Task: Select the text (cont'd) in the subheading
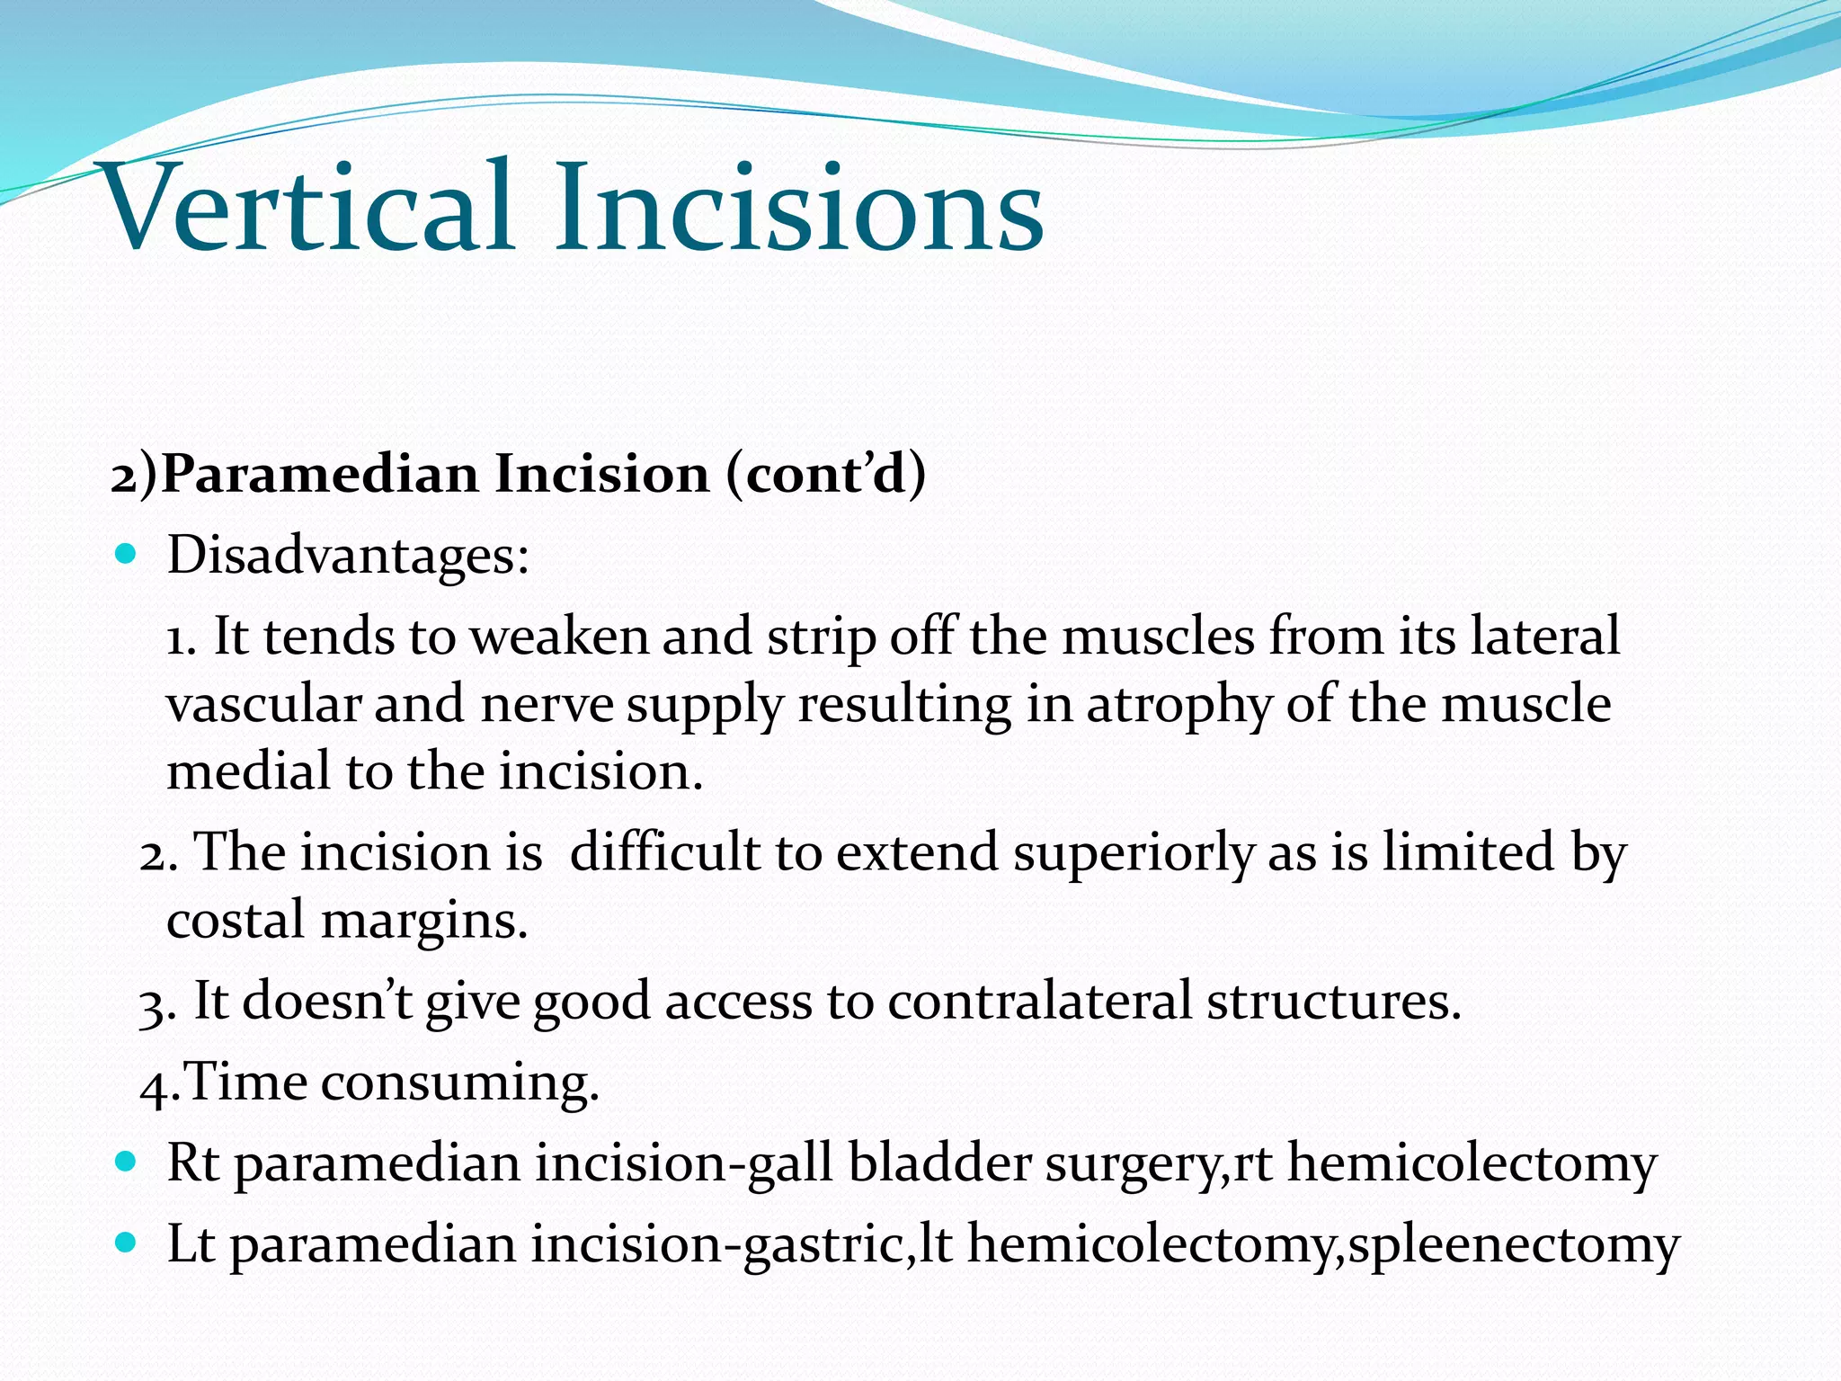click(x=825, y=474)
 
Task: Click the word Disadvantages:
click(x=349, y=556)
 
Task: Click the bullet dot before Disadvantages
click(x=126, y=553)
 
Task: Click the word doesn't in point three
click(x=327, y=1001)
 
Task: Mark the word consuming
click(x=459, y=1082)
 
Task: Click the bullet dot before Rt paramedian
click(x=126, y=1161)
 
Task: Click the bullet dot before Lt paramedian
click(x=126, y=1243)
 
